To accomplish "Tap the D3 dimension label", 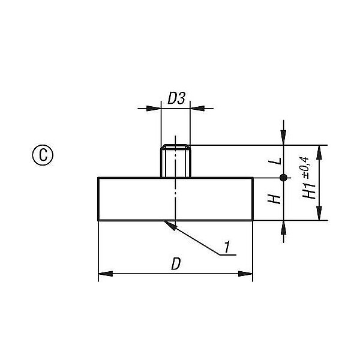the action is coord(176,98).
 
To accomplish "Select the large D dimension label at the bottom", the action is coord(176,264).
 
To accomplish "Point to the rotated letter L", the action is coord(275,161).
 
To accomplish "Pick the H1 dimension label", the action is coord(309,191).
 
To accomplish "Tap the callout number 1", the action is coord(227,247).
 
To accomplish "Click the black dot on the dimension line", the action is coord(284,178).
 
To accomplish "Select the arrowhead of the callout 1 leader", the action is coord(170,225).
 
